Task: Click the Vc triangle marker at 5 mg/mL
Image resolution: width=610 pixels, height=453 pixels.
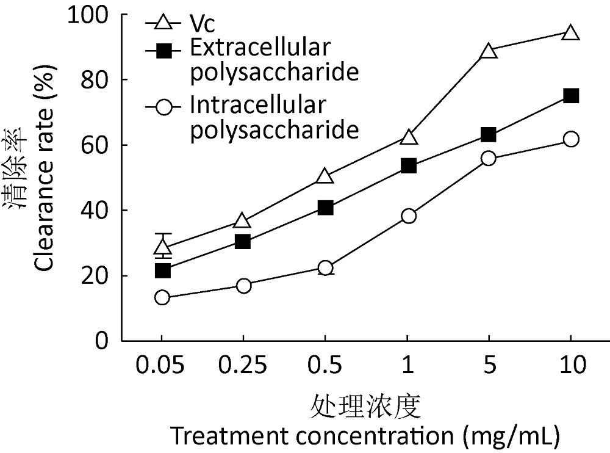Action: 489,51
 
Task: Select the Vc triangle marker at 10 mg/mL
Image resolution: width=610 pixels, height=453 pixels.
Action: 570,33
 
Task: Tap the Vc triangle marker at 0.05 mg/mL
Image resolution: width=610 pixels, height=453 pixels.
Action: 162,247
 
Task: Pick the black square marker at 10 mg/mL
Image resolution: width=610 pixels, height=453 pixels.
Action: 570,95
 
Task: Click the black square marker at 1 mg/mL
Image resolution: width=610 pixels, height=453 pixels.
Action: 409,165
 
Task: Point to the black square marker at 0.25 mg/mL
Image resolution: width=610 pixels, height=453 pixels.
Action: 243,242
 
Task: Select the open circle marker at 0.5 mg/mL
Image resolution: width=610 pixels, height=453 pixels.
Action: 325,268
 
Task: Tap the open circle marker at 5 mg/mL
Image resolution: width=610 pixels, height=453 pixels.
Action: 489,158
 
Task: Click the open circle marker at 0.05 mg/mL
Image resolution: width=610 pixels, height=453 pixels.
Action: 162,297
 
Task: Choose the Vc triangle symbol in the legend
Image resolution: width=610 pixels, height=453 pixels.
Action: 165,24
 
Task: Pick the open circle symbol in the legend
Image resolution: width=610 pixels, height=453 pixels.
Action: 165,109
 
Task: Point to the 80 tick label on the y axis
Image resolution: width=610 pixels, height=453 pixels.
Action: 99,80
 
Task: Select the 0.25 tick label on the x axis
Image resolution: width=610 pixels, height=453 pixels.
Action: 243,366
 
